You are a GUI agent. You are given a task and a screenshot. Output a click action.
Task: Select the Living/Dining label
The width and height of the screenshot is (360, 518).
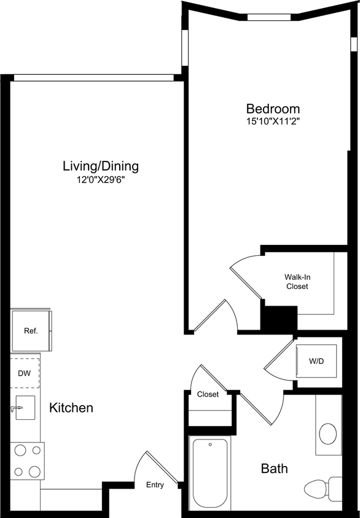tap(101, 166)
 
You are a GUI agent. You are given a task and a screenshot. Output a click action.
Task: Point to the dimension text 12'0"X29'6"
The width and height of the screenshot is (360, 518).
tap(101, 180)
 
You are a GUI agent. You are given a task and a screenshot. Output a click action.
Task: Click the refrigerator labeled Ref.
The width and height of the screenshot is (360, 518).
tap(31, 331)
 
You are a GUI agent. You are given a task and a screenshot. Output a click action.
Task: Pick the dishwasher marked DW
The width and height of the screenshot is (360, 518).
tap(25, 372)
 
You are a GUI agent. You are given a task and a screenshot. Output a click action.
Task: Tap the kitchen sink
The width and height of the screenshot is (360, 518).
tap(25, 406)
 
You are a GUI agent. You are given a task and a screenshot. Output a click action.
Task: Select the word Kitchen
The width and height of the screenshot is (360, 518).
tap(71, 408)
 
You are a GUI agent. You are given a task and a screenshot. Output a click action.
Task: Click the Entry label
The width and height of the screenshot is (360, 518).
tap(155, 485)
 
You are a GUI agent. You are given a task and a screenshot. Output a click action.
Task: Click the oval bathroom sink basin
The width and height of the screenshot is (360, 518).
tap(328, 433)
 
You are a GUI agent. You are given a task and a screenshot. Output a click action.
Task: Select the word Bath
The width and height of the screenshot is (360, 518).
tap(275, 469)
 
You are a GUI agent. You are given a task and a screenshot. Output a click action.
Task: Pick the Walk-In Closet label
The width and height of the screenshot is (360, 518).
tap(296, 282)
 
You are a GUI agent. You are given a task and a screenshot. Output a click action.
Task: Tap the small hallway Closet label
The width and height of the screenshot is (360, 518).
tap(208, 395)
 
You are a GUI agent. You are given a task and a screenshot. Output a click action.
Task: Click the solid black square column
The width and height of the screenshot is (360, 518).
tap(280, 319)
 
